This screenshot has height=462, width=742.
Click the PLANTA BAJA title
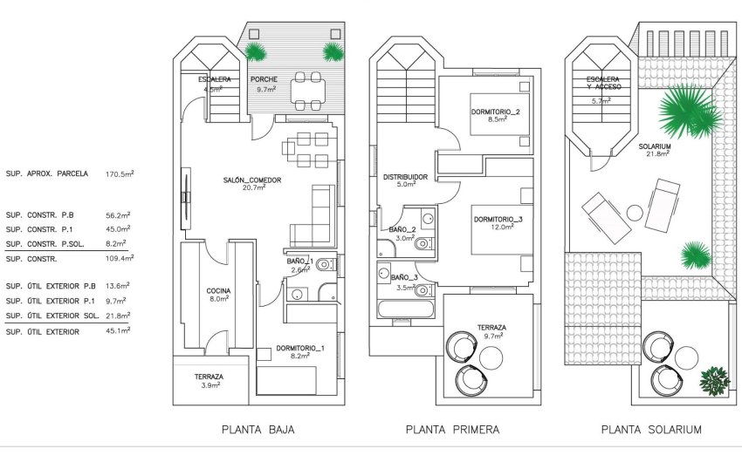[x=258, y=430]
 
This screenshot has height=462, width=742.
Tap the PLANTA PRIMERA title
[x=452, y=430]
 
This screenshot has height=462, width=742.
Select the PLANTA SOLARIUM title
[x=651, y=430]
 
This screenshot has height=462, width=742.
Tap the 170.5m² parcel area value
[x=119, y=173]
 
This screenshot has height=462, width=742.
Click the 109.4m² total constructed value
[x=119, y=259]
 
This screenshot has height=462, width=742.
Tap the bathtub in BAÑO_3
[x=405, y=309]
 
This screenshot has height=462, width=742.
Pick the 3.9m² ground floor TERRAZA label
[x=209, y=380]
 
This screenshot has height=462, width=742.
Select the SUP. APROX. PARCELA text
[x=47, y=173]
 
